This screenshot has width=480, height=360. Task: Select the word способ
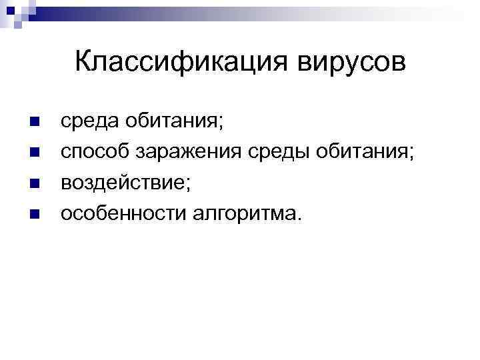click(96, 153)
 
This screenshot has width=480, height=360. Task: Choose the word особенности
click(124, 214)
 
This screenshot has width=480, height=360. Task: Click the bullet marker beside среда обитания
click(35, 123)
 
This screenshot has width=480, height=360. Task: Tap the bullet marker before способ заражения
click(35, 153)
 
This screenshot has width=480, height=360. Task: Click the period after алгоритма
click(299, 219)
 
